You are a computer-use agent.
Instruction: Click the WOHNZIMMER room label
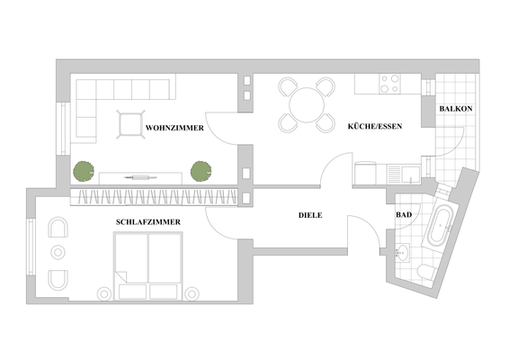coord(174,129)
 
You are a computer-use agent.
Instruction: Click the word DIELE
coord(310,215)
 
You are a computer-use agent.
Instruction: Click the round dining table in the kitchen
coord(306,103)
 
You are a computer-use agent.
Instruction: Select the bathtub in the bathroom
coord(441,230)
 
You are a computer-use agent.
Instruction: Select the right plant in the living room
coord(201,169)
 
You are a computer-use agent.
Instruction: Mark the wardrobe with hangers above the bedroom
coord(153,197)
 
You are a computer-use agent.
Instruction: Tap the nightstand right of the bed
coord(192,291)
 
